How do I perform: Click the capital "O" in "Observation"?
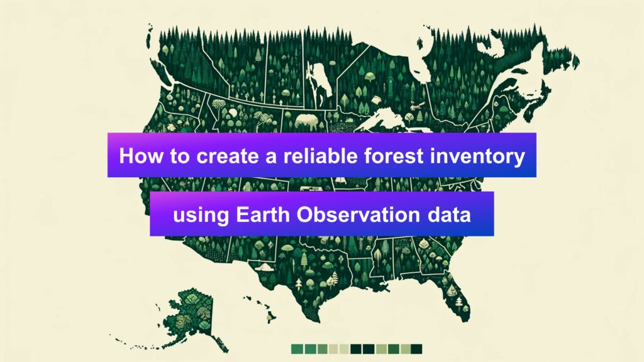(305, 215)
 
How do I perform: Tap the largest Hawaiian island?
(270, 317)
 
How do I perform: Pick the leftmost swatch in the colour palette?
(297, 349)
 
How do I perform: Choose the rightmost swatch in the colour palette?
(416, 349)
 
